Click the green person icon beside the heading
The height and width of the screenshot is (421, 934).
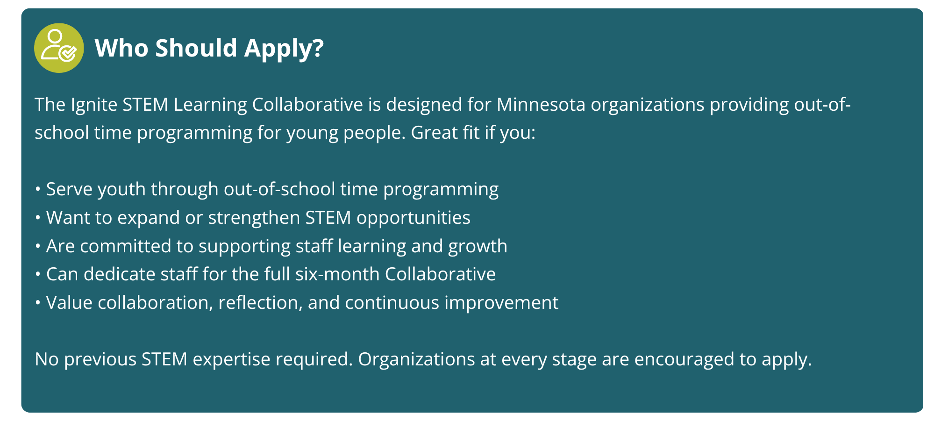(x=59, y=48)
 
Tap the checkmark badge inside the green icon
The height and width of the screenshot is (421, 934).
(x=68, y=53)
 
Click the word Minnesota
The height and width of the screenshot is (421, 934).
(x=541, y=104)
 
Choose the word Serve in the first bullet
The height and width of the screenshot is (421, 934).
(x=69, y=189)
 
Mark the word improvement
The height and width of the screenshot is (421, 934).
(x=501, y=303)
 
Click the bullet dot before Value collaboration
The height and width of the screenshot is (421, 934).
(x=38, y=303)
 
